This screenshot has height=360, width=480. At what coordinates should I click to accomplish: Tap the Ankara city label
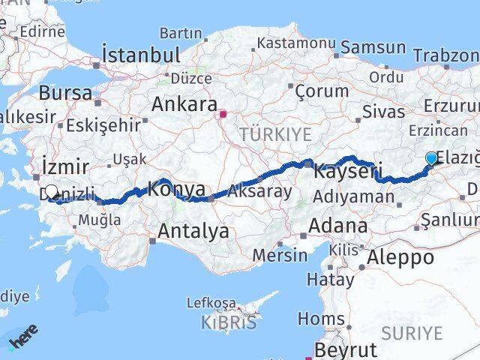point(184,104)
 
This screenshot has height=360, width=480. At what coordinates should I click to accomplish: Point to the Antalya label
point(190,232)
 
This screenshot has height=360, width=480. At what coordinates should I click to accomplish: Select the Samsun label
point(372,48)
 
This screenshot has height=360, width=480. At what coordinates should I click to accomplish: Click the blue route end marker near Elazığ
point(431,158)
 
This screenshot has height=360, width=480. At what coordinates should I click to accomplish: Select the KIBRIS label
point(228,322)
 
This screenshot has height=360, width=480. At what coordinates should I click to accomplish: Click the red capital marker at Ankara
point(223,115)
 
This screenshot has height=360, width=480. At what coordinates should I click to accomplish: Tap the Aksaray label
point(259,191)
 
